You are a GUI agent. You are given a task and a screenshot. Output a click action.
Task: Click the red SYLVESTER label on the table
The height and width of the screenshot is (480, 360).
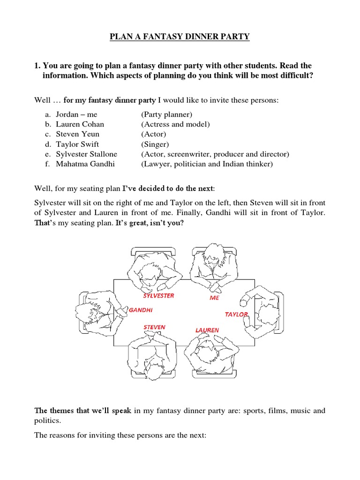158,296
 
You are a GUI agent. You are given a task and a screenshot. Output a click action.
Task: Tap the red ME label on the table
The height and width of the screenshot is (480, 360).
214,298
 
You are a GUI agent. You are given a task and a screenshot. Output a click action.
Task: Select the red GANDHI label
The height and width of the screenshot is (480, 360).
141,310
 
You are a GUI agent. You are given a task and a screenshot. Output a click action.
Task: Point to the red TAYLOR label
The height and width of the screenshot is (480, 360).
236,314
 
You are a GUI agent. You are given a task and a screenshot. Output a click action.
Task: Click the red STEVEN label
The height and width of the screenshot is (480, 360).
154,327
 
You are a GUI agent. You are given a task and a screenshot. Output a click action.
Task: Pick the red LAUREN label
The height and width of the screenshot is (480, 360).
207,330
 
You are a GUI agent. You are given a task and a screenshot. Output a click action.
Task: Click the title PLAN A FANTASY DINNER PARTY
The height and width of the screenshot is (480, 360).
180,37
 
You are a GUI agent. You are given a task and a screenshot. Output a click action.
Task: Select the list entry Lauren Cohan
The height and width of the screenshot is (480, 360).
80,124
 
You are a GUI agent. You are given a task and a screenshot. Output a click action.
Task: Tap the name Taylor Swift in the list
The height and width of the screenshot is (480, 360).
77,144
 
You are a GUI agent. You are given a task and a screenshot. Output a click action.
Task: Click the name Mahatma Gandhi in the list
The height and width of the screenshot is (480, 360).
85,164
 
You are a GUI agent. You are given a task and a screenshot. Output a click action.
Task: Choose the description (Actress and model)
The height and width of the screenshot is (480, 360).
175,124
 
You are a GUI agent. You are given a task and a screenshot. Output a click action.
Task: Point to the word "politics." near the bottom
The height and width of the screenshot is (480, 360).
48,421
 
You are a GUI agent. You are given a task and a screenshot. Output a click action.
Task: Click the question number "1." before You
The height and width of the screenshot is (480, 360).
37,65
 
